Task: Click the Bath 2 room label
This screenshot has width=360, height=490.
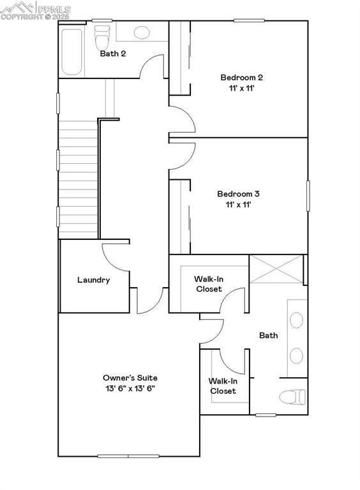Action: click(x=112, y=54)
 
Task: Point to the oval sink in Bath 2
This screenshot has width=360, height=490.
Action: click(x=141, y=31)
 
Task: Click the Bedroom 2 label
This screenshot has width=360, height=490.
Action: click(x=241, y=78)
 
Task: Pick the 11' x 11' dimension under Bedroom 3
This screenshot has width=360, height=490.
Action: click(x=238, y=205)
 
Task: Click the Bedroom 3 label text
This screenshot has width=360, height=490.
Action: click(x=238, y=194)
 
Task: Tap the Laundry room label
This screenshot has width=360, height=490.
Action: click(x=94, y=279)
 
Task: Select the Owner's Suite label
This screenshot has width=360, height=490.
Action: click(x=130, y=378)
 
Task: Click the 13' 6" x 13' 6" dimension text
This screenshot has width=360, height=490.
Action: click(x=130, y=388)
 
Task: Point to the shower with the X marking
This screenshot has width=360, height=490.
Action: click(x=275, y=270)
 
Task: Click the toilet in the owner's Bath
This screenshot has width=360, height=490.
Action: click(x=293, y=397)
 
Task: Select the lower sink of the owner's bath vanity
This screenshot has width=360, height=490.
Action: click(x=297, y=355)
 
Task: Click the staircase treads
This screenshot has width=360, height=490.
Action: click(x=77, y=179)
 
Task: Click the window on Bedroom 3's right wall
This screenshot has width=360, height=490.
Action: click(x=308, y=195)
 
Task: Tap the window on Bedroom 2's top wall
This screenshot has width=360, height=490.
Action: click(x=249, y=20)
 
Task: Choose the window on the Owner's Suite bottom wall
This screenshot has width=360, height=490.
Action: click(x=128, y=456)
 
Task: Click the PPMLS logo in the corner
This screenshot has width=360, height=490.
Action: click(x=37, y=10)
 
